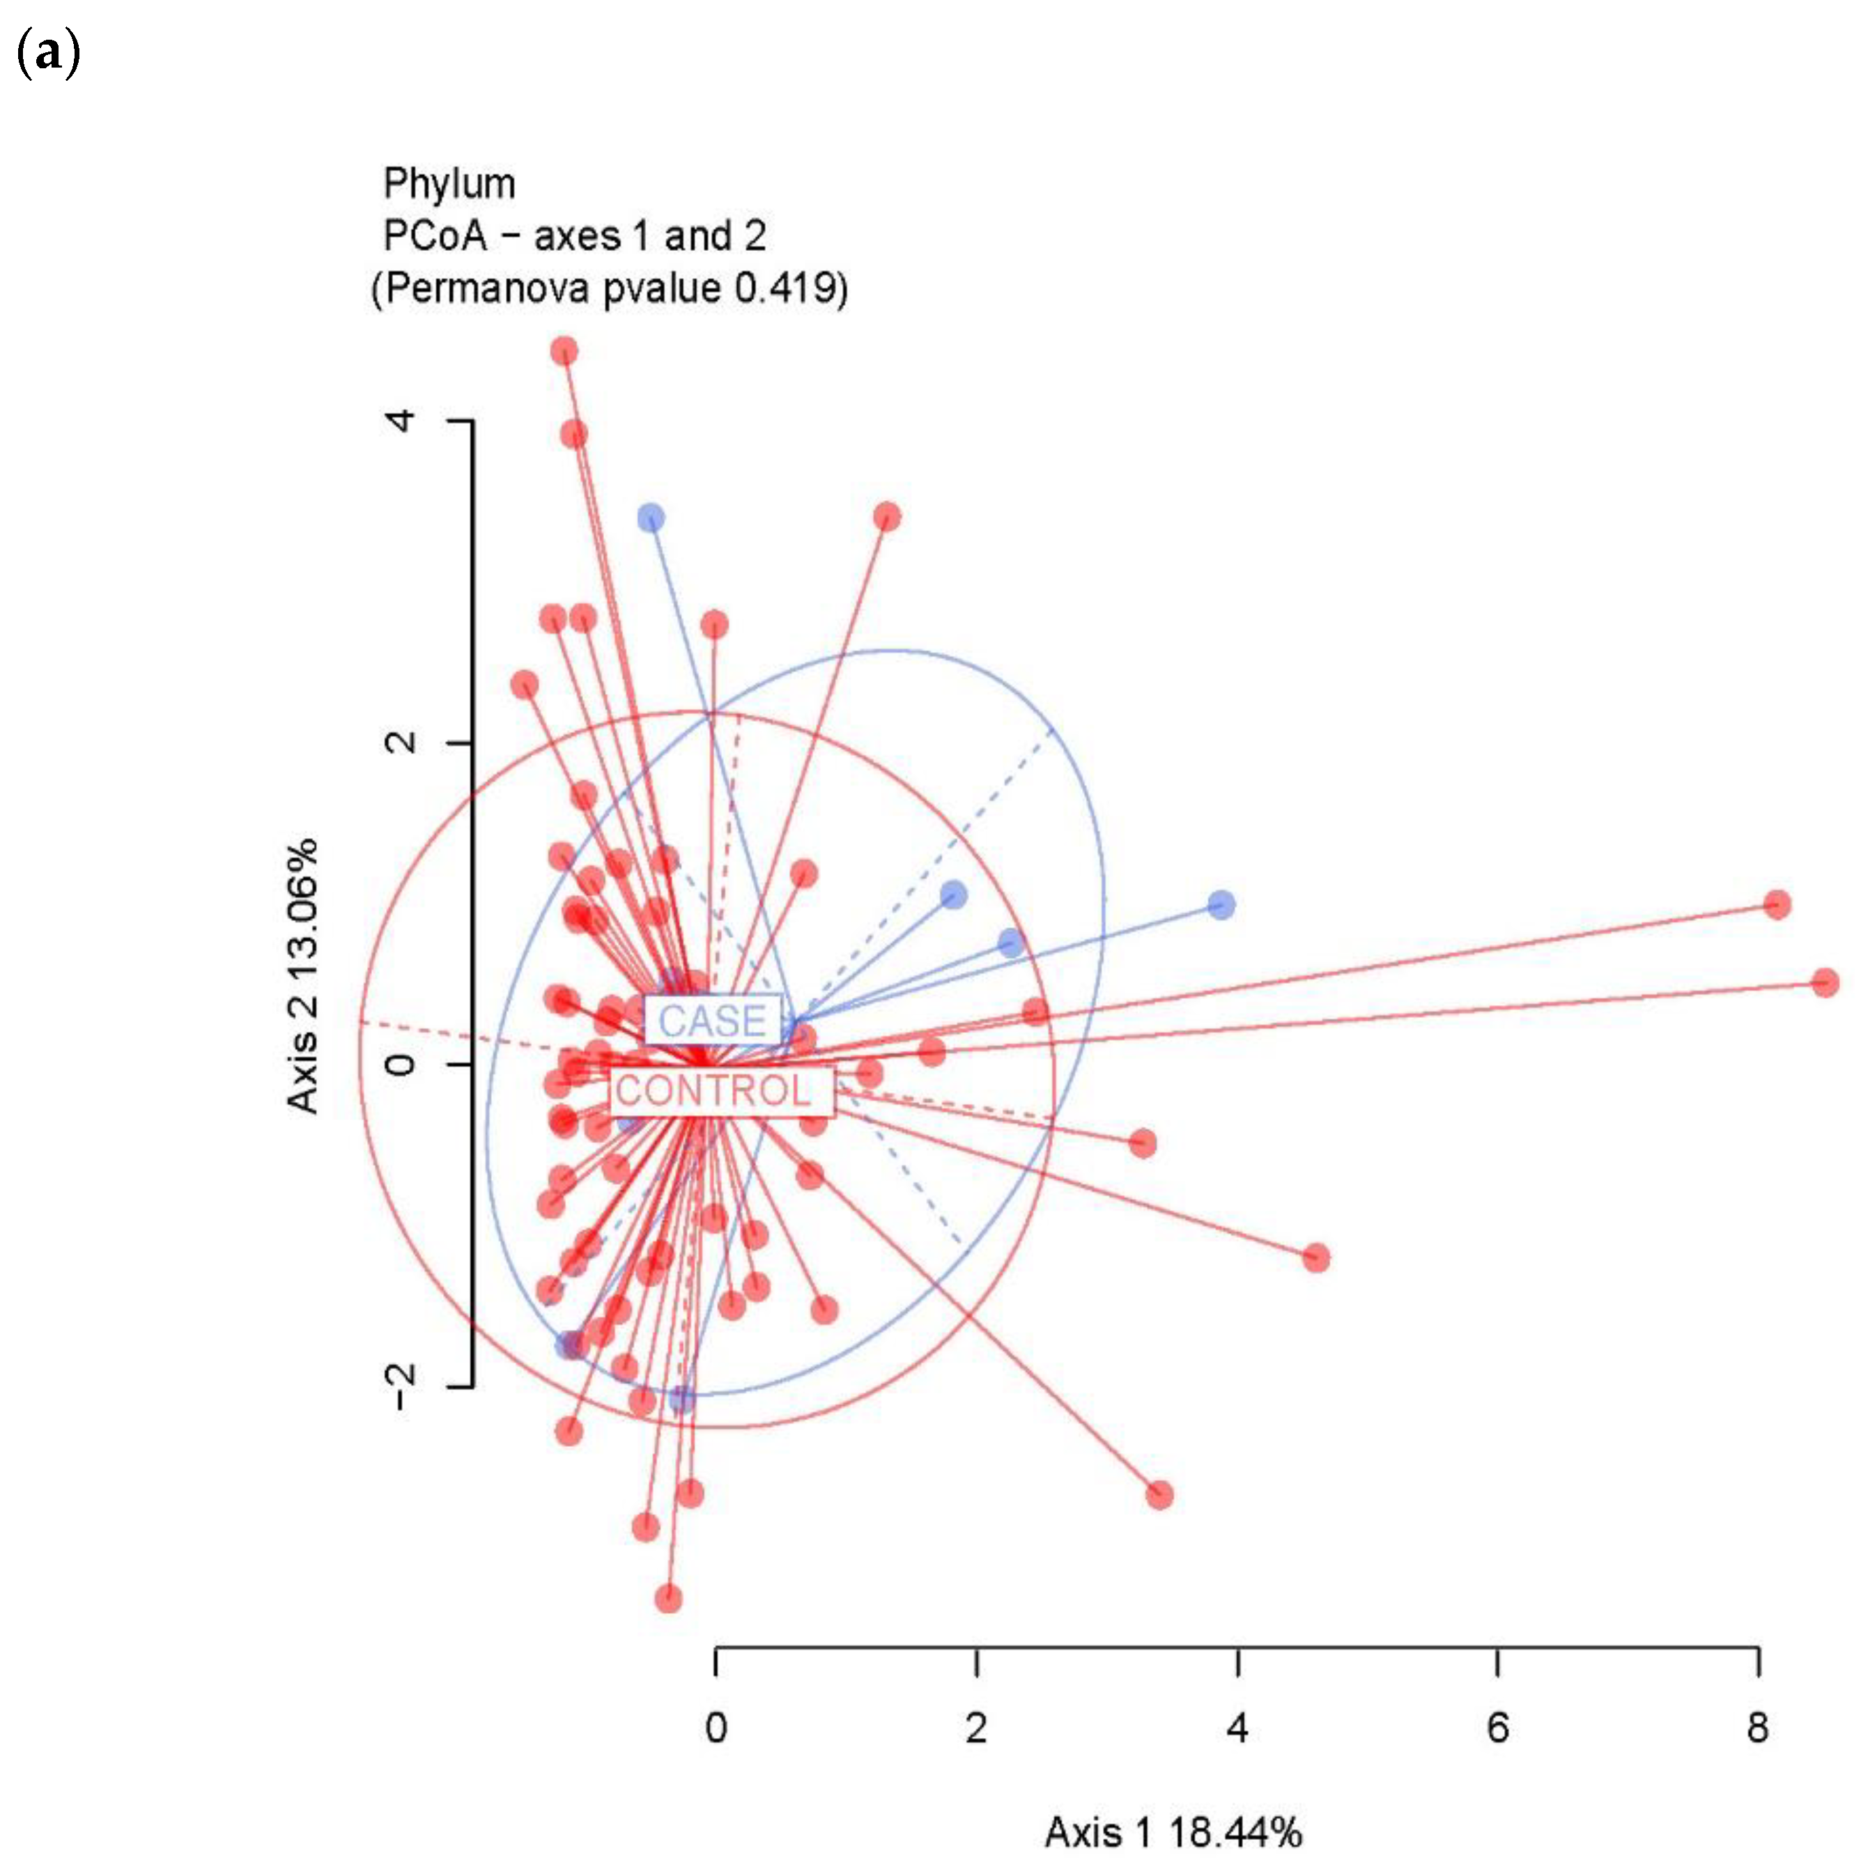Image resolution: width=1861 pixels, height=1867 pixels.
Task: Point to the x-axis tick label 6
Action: click(x=1497, y=1728)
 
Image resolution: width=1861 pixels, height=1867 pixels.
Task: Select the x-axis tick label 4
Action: click(x=1237, y=1728)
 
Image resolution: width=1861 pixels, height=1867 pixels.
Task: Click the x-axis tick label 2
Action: click(x=976, y=1728)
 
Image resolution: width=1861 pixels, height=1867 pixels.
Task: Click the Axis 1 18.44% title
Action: click(x=1173, y=1832)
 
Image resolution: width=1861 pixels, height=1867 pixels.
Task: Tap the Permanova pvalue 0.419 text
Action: click(x=610, y=288)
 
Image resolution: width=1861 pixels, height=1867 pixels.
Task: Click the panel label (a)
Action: click(x=47, y=55)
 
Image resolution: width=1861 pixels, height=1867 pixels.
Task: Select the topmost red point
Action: click(x=564, y=351)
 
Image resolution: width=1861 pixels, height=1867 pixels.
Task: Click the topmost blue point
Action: click(x=651, y=518)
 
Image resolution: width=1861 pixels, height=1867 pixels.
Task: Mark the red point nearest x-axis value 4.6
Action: click(x=1315, y=1258)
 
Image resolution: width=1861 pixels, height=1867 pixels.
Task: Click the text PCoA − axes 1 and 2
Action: click(x=575, y=235)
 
